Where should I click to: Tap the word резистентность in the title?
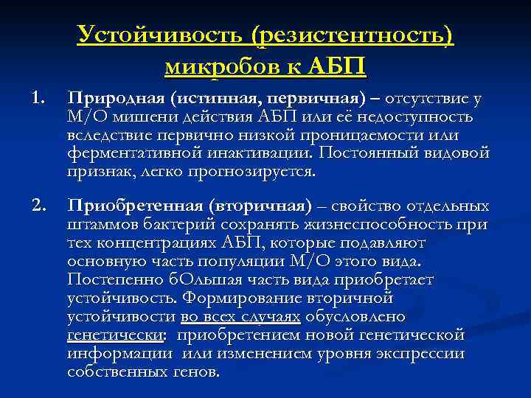pyautogui.click(x=353, y=35)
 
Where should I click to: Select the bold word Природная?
pyautogui.click(x=115, y=99)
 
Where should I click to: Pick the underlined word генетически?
pyautogui.click(x=115, y=335)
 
